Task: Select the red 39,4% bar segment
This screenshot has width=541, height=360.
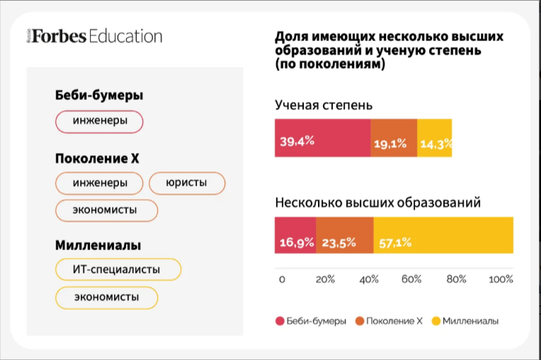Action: pos(322,137)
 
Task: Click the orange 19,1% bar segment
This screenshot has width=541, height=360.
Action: pos(394,137)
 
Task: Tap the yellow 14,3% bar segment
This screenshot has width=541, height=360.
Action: pos(435,137)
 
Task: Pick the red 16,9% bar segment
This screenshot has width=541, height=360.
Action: pos(295,235)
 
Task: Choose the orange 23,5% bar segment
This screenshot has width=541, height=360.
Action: pos(344,235)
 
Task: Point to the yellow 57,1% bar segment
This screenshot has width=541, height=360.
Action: pos(443,235)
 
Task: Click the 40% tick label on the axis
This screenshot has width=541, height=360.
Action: pos(368,279)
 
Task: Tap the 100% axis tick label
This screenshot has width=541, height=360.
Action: pos(501,279)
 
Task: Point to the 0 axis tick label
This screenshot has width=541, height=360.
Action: pos(282,279)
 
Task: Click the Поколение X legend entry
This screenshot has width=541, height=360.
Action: pos(389,321)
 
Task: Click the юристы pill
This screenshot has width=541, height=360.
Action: pos(187,183)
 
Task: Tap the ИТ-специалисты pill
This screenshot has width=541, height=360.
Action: pos(118,269)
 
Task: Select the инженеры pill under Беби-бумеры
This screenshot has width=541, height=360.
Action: pos(100,121)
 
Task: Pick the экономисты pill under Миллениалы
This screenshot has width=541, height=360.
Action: pos(106,297)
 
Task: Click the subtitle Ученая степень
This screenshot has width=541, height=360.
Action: pos(324,106)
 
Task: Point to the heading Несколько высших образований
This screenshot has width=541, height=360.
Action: pos(377,203)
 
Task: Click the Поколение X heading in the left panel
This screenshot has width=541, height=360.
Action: pos(97,159)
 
